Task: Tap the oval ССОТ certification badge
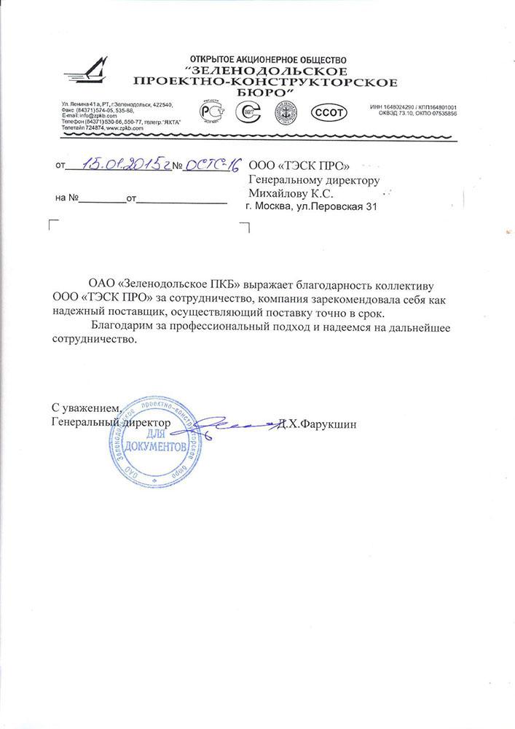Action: (329, 113)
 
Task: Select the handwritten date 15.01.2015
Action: (122, 165)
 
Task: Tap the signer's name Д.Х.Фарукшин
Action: (318, 424)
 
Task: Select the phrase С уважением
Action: (84, 406)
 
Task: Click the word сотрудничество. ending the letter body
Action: (93, 340)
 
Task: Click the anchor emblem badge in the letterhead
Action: (287, 113)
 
